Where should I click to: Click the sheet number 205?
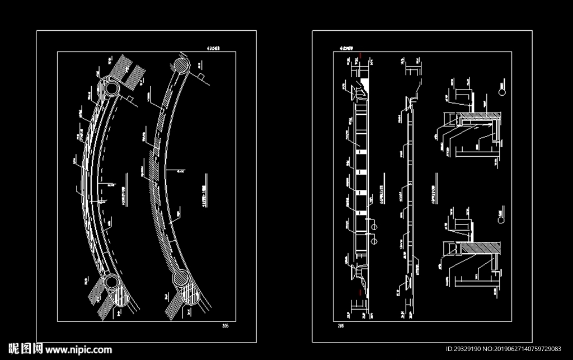click(226, 325)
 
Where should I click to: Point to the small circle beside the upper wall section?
click(502, 90)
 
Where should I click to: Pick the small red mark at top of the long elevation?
click(363, 55)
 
